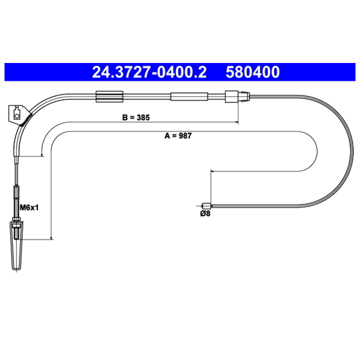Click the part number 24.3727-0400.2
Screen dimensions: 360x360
pos(149,72)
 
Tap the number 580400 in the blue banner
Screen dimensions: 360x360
pos(252,72)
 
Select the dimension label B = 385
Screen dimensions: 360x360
pos(136,117)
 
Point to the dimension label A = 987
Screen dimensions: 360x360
pos(178,136)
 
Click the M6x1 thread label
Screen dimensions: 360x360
pos(29,208)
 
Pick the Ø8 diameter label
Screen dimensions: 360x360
pos(205,213)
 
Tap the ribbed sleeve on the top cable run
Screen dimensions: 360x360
pos(109,96)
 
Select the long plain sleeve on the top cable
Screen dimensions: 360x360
pos(189,96)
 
